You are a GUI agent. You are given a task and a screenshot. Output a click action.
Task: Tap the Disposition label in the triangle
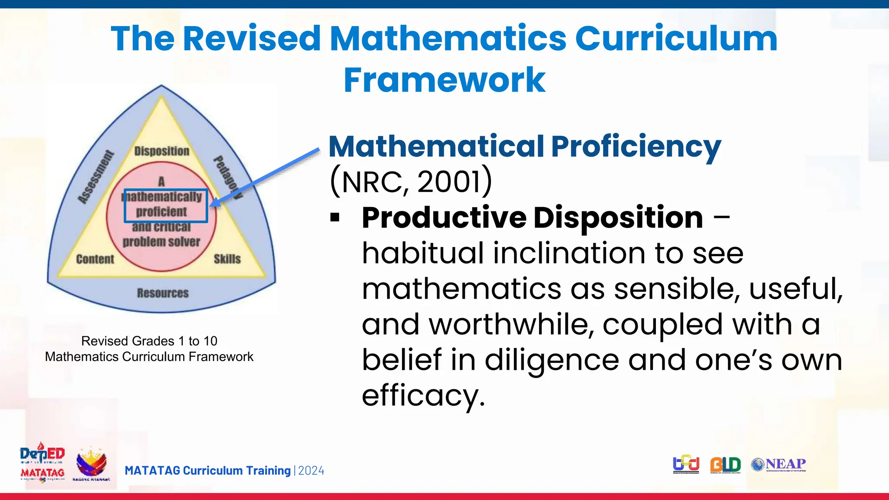pyautogui.click(x=161, y=151)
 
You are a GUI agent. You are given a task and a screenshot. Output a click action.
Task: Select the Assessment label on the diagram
pyautogui.click(x=96, y=177)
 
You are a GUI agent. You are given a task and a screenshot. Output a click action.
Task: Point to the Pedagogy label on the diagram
pyautogui.click(x=227, y=177)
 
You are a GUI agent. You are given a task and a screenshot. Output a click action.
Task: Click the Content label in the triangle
pyautogui.click(x=95, y=259)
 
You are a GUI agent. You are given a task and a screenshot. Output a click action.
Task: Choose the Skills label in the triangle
pyautogui.click(x=227, y=259)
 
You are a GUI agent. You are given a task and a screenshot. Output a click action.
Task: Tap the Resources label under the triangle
pyautogui.click(x=163, y=293)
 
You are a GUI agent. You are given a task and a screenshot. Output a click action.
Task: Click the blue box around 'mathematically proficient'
pyautogui.click(x=166, y=205)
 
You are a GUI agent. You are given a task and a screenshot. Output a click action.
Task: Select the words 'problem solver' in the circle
pyautogui.click(x=161, y=242)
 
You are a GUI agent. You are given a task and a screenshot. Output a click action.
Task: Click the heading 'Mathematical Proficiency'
pyautogui.click(x=524, y=146)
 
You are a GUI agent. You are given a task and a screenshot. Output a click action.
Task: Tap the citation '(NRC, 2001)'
pyautogui.click(x=411, y=181)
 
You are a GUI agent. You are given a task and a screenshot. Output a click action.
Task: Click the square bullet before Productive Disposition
pyautogui.click(x=335, y=217)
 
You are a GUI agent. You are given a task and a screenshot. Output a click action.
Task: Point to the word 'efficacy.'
pyautogui.click(x=423, y=395)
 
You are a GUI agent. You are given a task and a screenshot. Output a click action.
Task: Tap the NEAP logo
pyautogui.click(x=779, y=464)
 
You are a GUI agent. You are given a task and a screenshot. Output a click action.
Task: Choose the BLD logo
pyautogui.click(x=725, y=464)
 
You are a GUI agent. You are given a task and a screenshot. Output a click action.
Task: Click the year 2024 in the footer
pyautogui.click(x=311, y=470)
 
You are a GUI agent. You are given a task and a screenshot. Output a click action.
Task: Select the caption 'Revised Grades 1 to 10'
pyautogui.click(x=149, y=341)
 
